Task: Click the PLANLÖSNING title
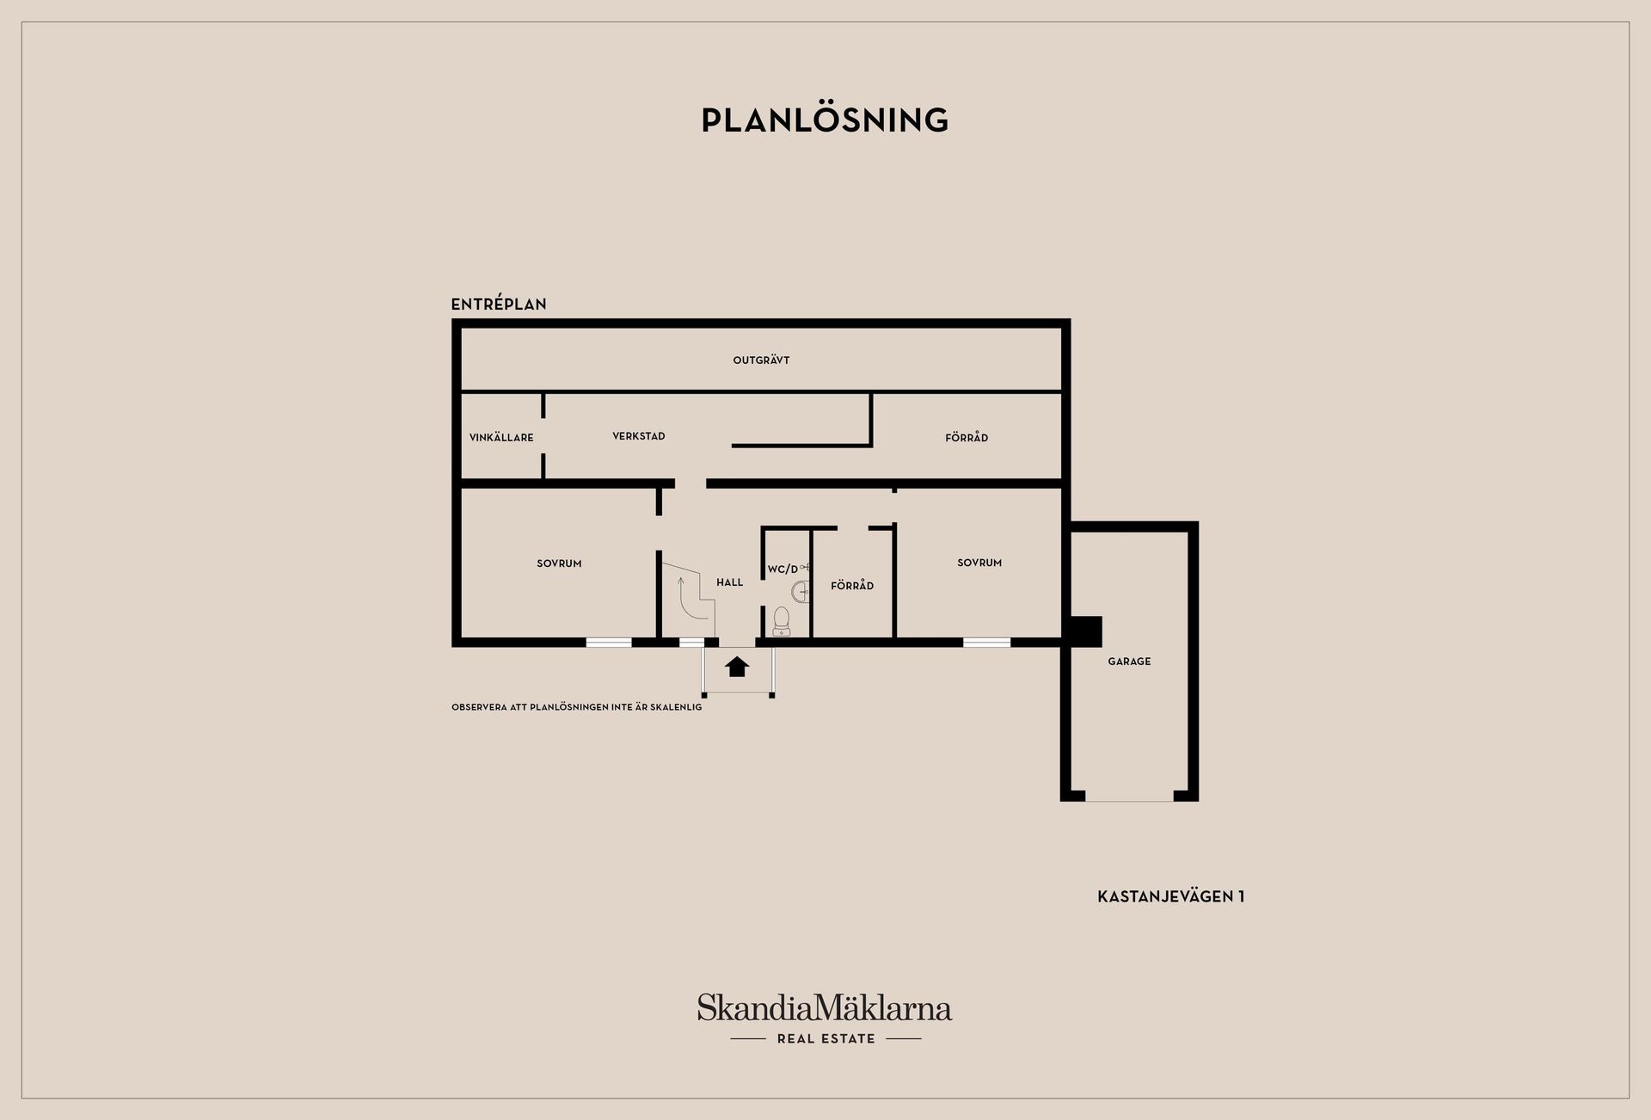[825, 120]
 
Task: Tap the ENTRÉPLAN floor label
[499, 304]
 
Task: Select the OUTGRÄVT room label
[761, 360]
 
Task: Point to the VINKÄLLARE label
[501, 437]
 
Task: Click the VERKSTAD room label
[639, 436]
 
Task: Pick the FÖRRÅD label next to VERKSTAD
[967, 437]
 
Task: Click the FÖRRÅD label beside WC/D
[852, 585]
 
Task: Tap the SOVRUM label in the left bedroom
[559, 563]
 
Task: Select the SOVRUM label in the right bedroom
[979, 563]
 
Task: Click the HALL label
[730, 582]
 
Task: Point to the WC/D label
[783, 569]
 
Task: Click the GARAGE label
[1129, 662]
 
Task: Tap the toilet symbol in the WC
[782, 621]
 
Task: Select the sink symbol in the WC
[801, 591]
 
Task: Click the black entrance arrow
[737, 667]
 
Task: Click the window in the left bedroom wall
[609, 642]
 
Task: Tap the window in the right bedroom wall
[986, 642]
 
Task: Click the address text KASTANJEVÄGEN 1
[1171, 896]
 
